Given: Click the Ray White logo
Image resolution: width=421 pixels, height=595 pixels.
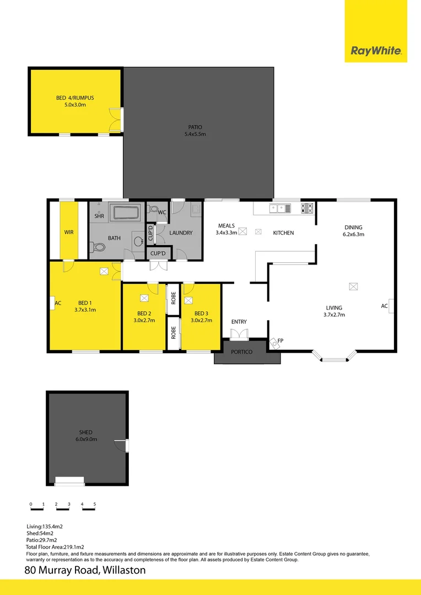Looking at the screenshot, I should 376,52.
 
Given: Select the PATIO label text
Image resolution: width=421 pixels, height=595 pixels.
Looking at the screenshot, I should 195,127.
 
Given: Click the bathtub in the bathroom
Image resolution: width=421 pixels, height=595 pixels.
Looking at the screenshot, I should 127,213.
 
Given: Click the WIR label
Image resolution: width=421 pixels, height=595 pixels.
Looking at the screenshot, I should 69,232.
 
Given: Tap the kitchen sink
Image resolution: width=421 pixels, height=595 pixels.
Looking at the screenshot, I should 280,208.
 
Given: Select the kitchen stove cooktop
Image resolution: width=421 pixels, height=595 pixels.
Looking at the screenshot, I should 306,208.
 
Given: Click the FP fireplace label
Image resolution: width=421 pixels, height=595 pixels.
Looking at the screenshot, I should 280,341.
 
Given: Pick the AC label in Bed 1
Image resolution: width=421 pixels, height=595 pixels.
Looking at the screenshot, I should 58,303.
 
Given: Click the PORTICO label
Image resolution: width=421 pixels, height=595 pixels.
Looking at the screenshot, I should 242,351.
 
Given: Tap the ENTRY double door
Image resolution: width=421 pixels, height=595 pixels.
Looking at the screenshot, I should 239,334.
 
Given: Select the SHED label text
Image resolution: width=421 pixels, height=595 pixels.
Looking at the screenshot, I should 85,432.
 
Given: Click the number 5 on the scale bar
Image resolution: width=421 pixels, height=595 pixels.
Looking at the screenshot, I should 95,504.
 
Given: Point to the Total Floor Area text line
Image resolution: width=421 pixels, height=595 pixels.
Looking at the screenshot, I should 55,547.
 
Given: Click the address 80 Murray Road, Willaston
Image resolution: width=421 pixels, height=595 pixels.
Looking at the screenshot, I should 85,570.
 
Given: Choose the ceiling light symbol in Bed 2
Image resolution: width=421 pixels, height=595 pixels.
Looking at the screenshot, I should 144,299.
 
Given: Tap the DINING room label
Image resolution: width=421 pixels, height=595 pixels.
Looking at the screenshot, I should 353,227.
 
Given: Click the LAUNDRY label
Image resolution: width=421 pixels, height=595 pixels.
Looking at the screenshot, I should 181,233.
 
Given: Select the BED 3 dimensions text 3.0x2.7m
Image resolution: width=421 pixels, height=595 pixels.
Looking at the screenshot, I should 201,320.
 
